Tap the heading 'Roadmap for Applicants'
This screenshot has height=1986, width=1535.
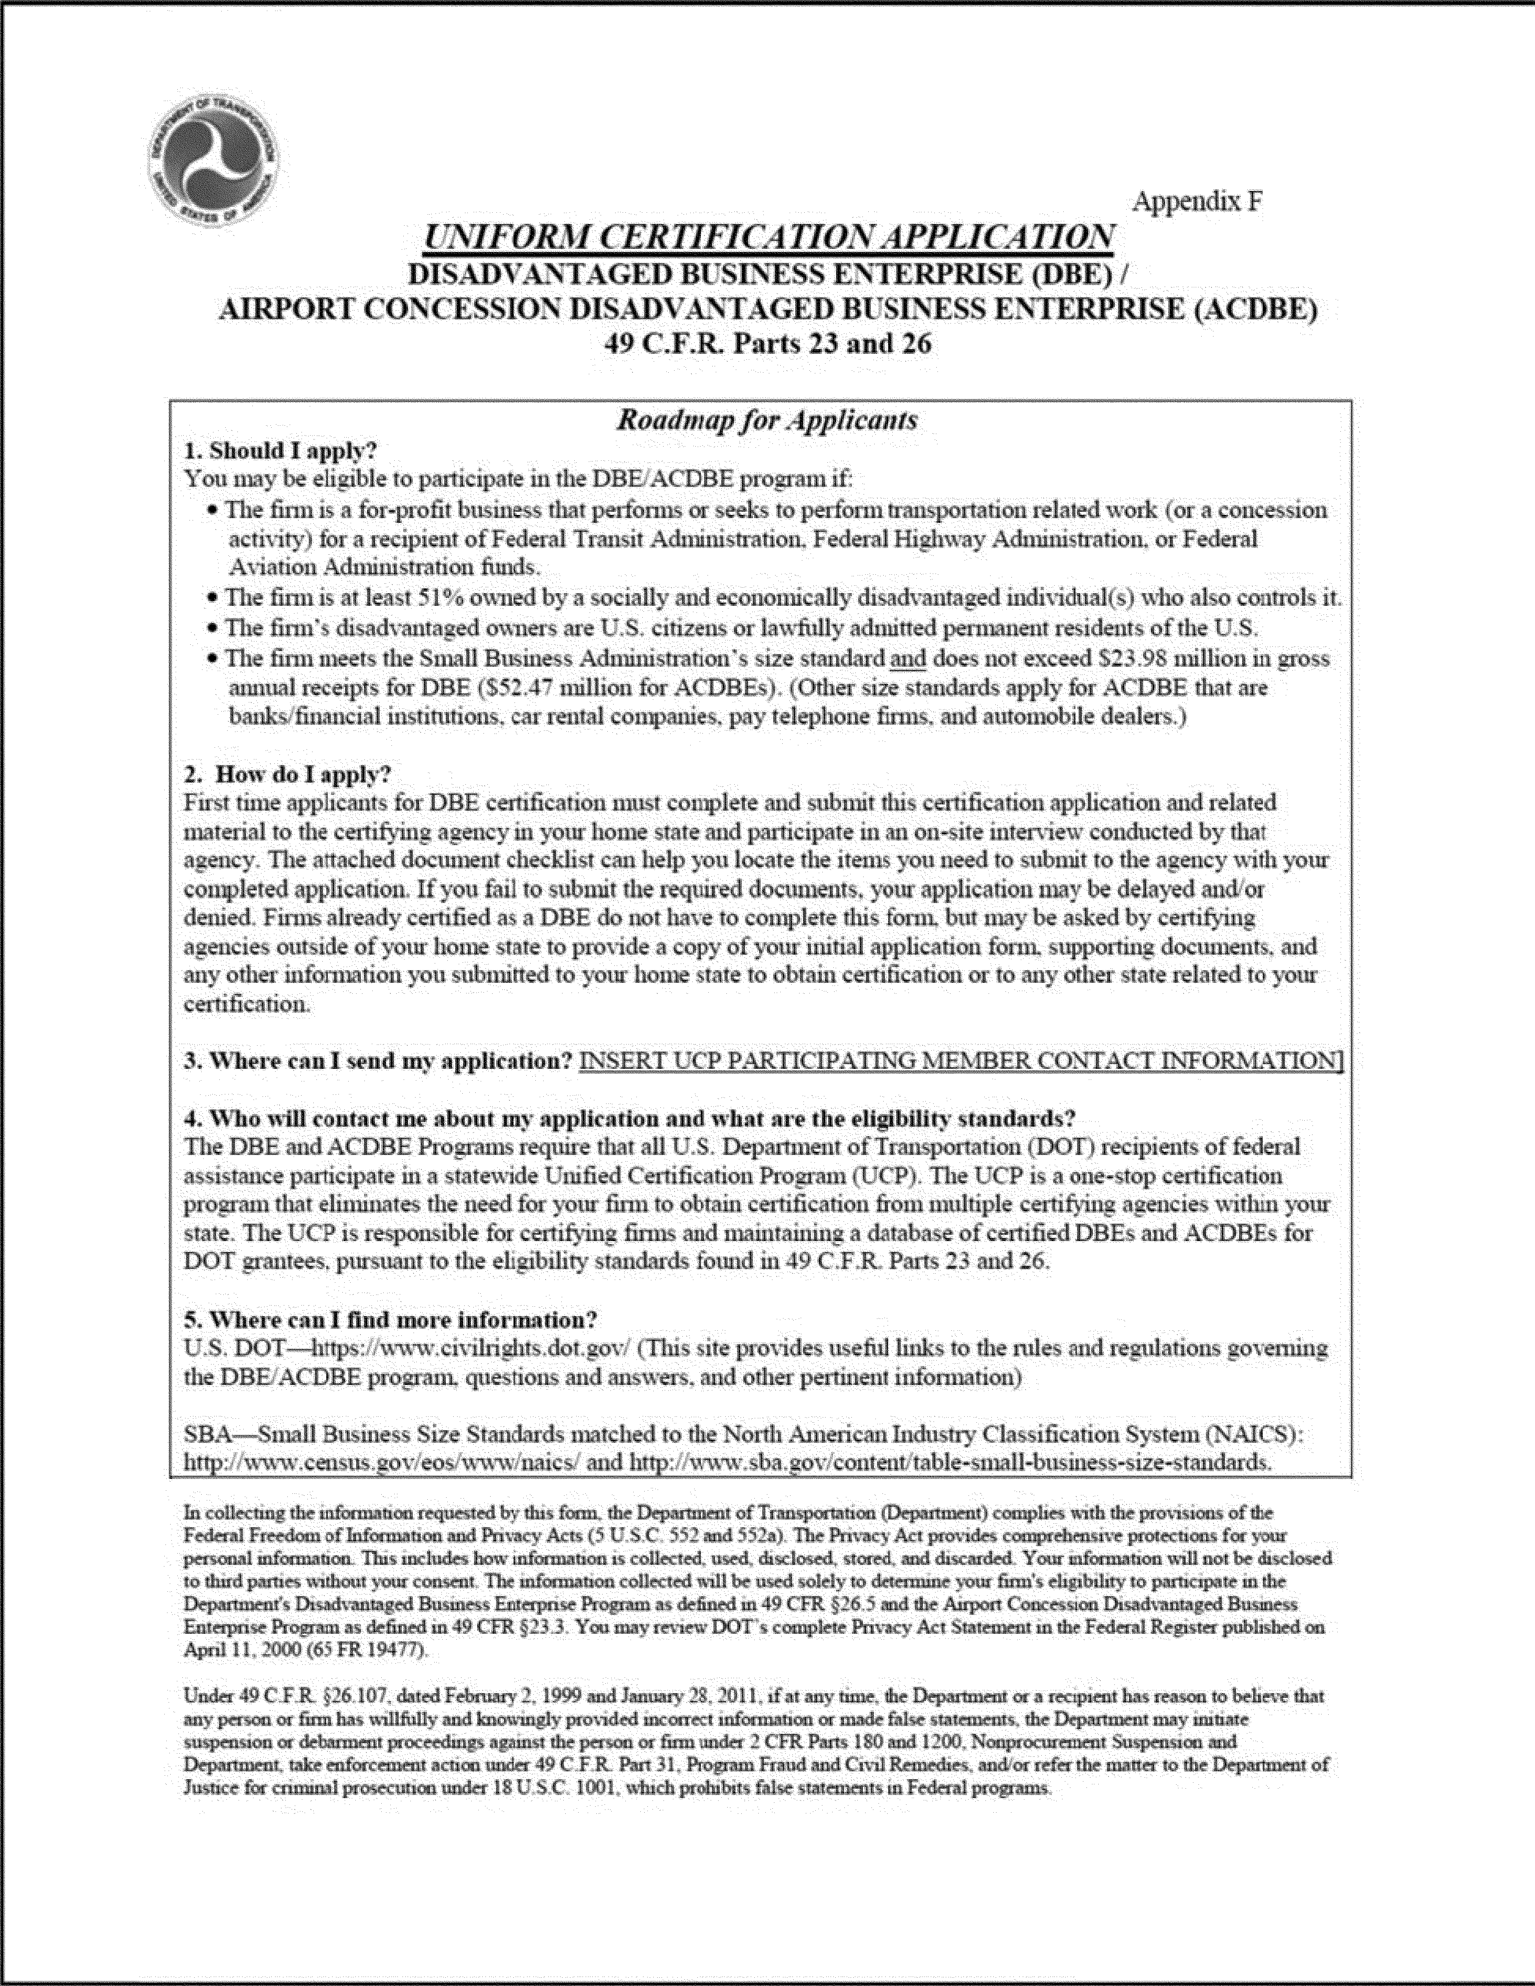coord(767,420)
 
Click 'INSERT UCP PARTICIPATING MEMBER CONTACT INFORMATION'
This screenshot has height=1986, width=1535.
coord(961,1060)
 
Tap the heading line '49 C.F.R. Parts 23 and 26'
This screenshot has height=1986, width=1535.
coord(768,344)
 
